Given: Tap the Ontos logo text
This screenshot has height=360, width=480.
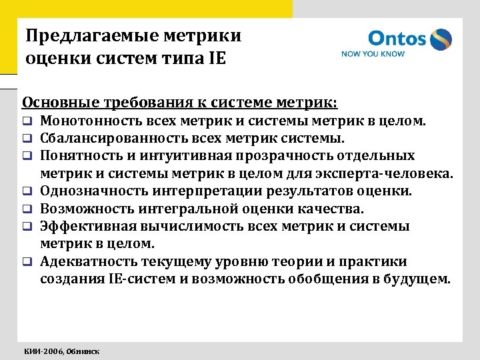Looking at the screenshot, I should point(397,39).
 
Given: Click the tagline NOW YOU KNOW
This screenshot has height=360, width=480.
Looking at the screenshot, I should point(373,54).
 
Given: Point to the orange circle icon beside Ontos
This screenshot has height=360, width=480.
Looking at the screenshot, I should point(441,39).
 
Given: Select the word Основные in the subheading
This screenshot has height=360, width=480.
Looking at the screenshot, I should point(55,103).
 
